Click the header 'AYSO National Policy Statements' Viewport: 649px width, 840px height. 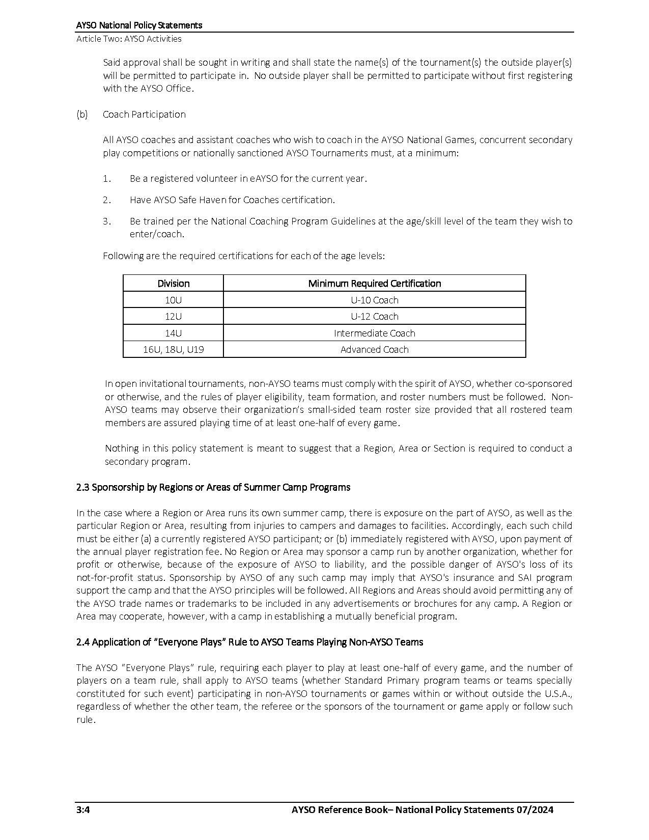(139, 25)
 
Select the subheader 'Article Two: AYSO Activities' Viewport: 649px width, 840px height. (129, 39)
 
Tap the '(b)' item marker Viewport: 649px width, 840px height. (82, 114)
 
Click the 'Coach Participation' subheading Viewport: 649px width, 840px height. (144, 114)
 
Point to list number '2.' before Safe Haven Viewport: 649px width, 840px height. (107, 200)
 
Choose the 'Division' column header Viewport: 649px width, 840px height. (173, 284)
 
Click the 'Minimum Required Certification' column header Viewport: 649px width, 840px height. (374, 284)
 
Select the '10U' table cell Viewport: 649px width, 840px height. (173, 300)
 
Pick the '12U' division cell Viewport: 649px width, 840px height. (173, 317)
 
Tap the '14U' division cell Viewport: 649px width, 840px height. (173, 333)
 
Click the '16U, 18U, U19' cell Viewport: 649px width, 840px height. (173, 350)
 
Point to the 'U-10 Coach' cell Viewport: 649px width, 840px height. (374, 300)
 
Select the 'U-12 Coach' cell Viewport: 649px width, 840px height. (374, 317)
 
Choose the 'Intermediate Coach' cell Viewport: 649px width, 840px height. (374, 333)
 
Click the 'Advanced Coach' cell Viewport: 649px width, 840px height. (374, 350)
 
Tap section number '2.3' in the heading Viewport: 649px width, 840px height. (83, 487)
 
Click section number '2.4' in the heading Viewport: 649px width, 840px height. (83, 642)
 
